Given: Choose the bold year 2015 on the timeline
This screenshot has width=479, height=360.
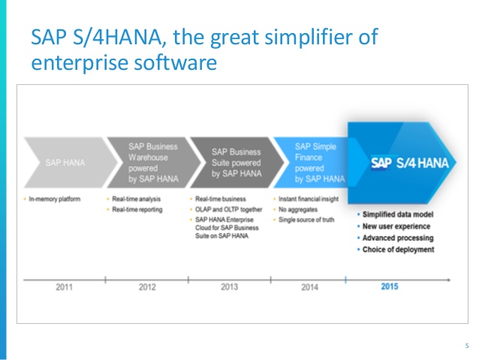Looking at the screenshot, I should tap(390, 286).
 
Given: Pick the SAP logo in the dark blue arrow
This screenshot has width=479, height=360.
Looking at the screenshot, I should tap(385, 162).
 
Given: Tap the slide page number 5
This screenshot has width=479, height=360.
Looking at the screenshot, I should tap(466, 346).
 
